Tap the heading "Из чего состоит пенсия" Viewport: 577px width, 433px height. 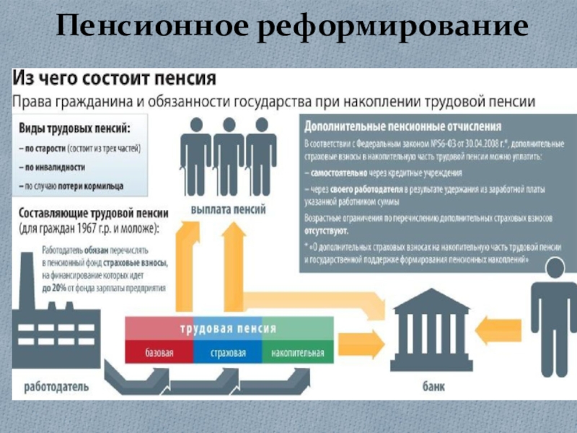[115, 79]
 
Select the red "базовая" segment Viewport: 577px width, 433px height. [159, 354]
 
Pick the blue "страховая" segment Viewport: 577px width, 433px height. [228, 354]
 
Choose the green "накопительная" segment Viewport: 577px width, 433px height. [298, 354]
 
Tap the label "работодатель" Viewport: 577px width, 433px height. [56, 386]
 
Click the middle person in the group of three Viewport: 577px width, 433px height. [228, 154]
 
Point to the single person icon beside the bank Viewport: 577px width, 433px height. [553, 310]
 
